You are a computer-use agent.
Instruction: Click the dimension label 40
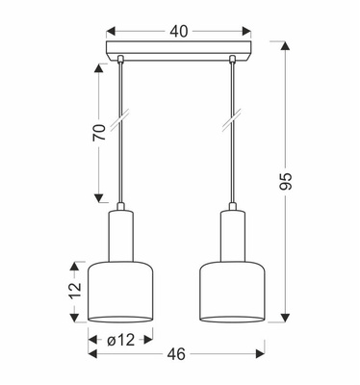point(179,31)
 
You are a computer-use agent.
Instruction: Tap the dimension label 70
point(99,132)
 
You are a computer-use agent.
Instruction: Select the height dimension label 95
point(285,182)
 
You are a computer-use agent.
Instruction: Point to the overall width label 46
point(176,354)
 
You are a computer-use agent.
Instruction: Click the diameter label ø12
point(120,340)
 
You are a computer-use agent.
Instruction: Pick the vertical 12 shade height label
point(75,291)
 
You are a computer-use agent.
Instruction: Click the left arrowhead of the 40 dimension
point(111,32)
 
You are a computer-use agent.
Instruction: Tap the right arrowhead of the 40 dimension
point(246,32)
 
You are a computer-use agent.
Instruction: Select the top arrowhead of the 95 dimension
point(285,46)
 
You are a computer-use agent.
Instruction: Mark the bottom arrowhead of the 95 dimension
point(285,318)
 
